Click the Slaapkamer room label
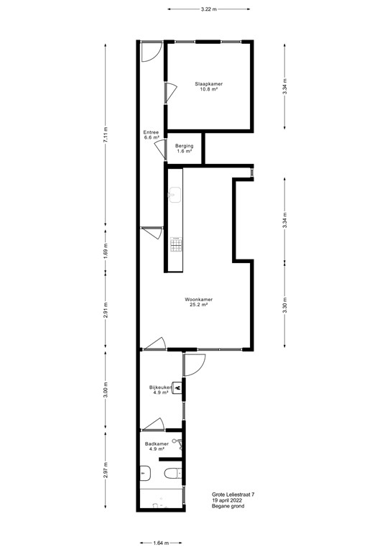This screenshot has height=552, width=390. point(209,84)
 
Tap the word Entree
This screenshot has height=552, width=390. point(151,132)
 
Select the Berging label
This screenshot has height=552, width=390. point(185,146)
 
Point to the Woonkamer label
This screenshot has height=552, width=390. point(198,299)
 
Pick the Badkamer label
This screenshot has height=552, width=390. point(157,444)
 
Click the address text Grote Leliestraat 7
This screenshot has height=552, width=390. point(233,494)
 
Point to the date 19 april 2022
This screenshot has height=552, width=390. point(230,502)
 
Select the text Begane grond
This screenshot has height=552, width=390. point(228,509)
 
